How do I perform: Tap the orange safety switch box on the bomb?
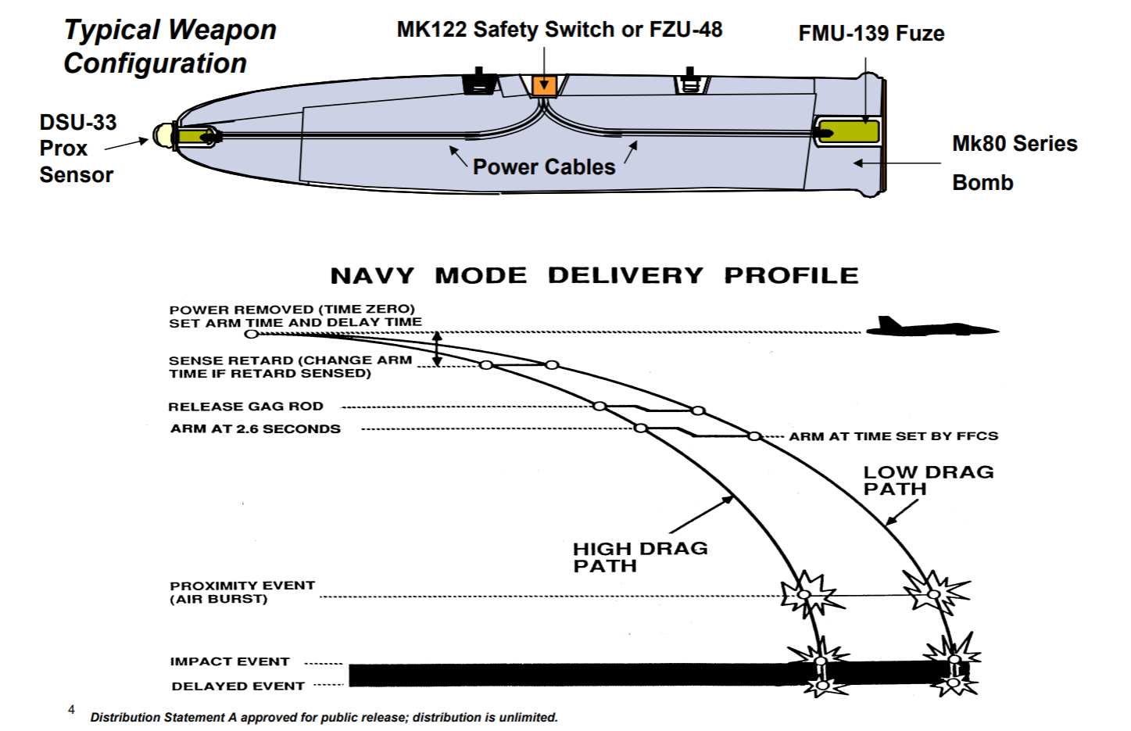[x=544, y=85]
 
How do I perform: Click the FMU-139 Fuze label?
[x=871, y=34]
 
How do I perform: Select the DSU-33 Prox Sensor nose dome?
[x=163, y=135]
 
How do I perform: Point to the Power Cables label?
[x=544, y=167]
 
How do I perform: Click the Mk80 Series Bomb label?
[x=1013, y=163]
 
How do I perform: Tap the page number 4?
[x=71, y=710]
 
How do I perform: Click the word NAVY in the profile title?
[x=372, y=276]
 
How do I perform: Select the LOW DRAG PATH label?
[x=928, y=481]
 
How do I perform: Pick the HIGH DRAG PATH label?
[x=639, y=557]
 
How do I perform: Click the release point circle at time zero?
[x=251, y=334]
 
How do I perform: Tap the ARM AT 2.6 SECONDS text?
[x=256, y=429]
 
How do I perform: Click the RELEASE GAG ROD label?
[x=245, y=407]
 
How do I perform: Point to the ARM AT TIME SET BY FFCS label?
[x=893, y=436]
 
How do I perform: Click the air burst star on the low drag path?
[x=935, y=593]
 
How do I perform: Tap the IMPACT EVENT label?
[x=230, y=661]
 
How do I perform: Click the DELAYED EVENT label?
[x=238, y=686]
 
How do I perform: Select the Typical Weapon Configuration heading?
[x=170, y=46]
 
